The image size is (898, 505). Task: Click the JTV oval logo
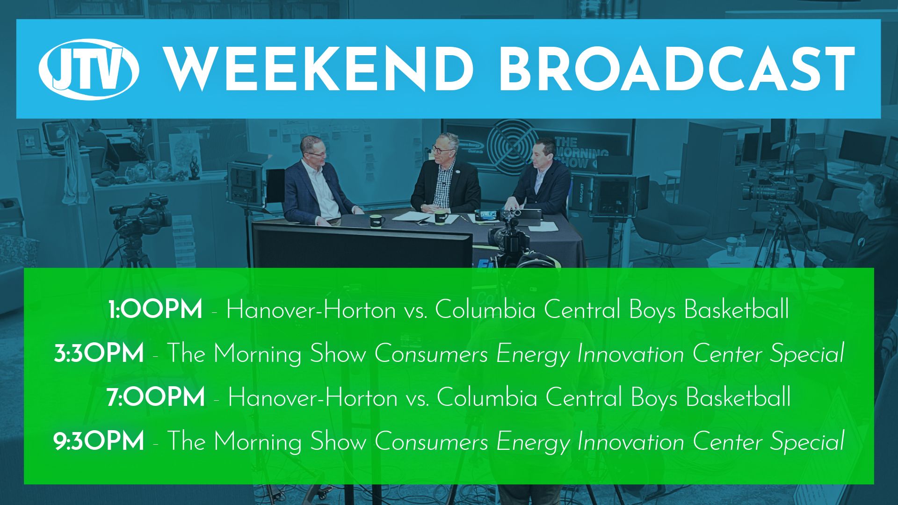click(89, 69)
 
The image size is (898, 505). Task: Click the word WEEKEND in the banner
click(319, 69)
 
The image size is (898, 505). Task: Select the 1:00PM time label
click(155, 310)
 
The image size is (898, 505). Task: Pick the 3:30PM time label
click(99, 353)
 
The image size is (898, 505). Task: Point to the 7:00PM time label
click(156, 397)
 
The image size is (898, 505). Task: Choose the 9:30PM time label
click(99, 441)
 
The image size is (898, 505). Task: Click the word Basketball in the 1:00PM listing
click(737, 309)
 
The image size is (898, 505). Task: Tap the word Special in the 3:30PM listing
click(807, 353)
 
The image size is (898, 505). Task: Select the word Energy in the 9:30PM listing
click(533, 442)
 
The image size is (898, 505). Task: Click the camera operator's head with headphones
click(872, 194)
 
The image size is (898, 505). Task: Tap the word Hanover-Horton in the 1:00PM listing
click(311, 309)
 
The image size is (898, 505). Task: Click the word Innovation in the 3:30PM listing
click(630, 353)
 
